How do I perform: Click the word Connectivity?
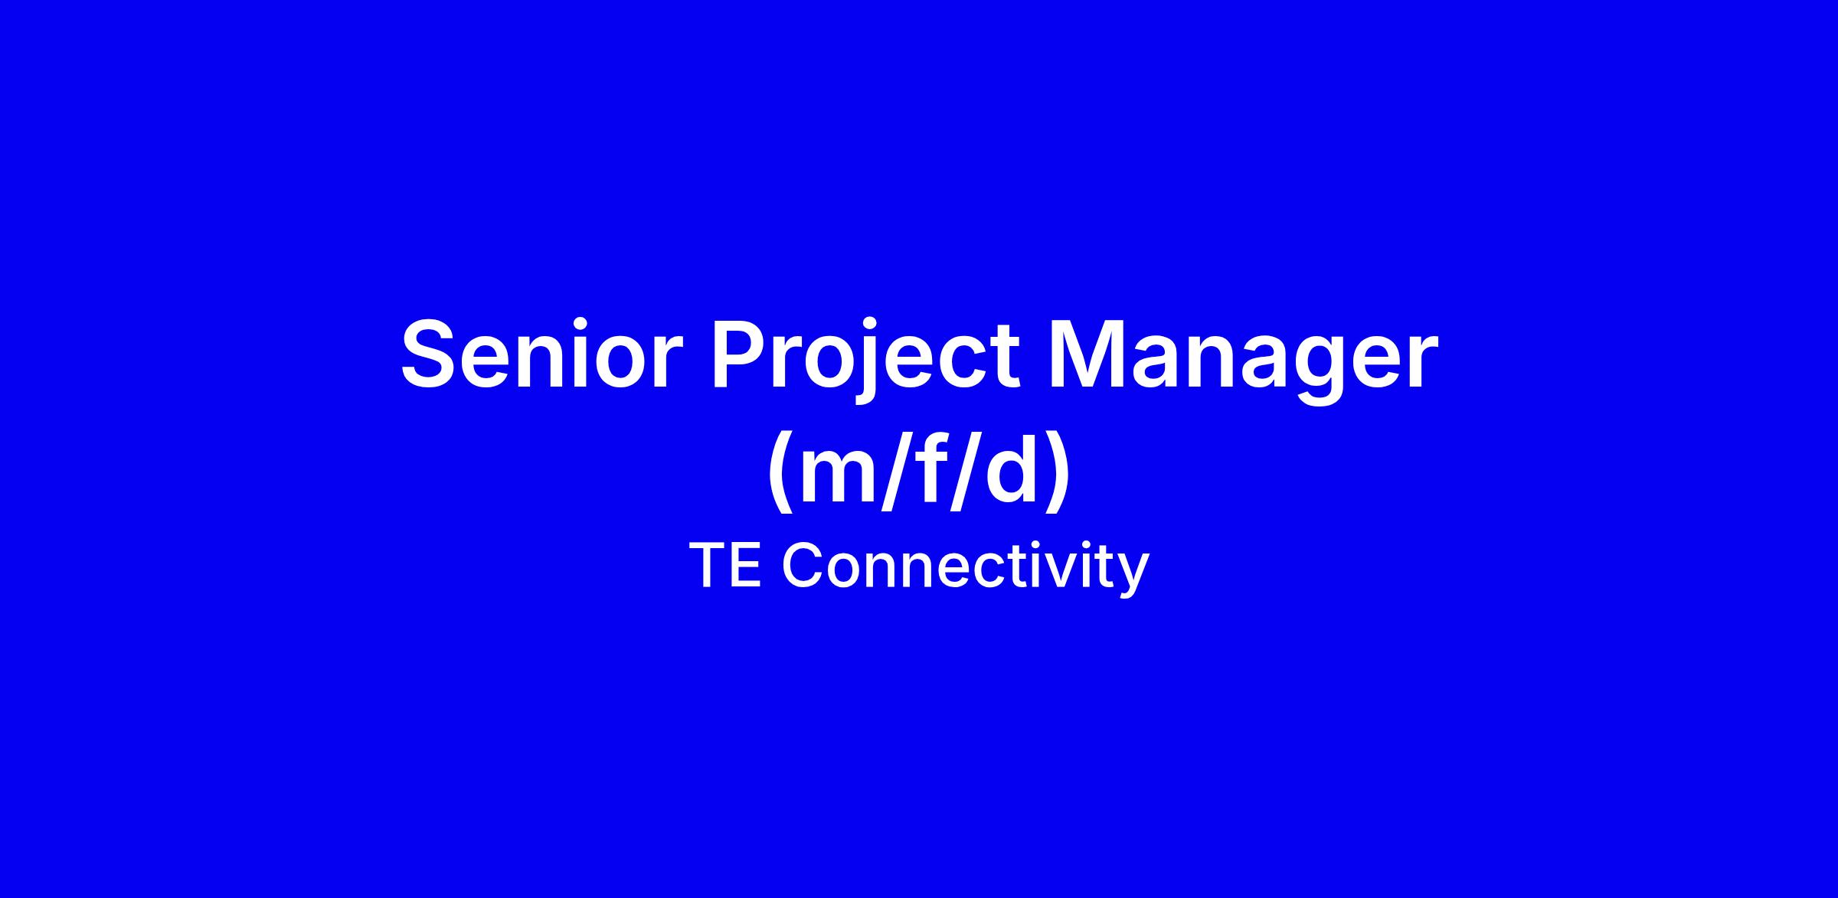coord(965,567)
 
